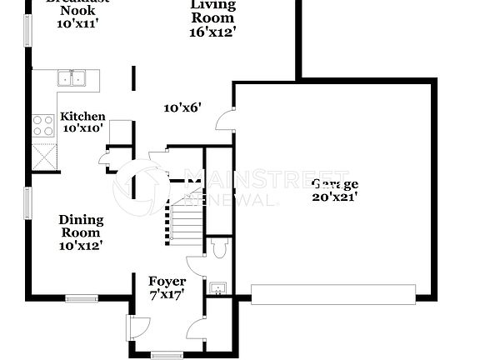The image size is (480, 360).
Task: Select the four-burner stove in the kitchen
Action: point(42,126)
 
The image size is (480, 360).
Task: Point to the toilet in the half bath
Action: point(220,247)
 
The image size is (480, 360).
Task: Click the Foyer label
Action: point(167,282)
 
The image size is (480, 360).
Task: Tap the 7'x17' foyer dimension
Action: point(167,294)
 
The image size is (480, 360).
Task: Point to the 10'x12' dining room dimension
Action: point(82,246)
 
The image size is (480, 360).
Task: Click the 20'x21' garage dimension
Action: point(335,197)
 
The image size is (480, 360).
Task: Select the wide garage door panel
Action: point(332,293)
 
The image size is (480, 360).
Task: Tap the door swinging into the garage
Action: point(223,122)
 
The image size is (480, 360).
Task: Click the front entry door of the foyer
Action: point(132,327)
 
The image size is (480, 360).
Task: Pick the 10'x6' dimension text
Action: point(183,107)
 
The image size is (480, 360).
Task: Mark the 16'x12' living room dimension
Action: point(213,32)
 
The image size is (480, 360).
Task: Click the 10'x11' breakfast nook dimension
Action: point(78,24)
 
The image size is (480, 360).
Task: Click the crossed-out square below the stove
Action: point(42,155)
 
